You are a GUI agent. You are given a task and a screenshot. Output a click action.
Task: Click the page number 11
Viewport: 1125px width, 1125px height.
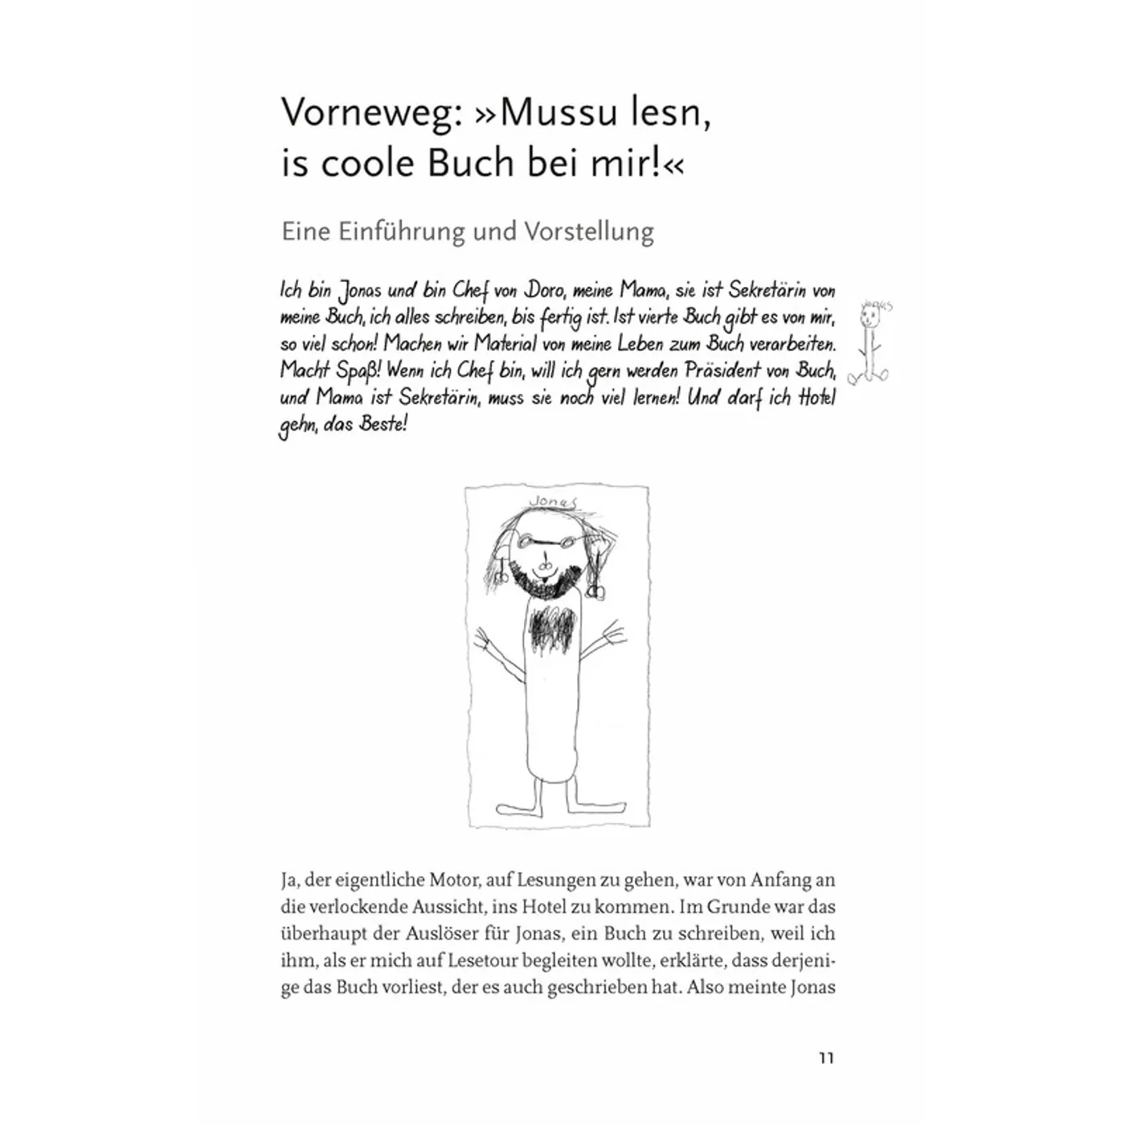pyautogui.click(x=826, y=1057)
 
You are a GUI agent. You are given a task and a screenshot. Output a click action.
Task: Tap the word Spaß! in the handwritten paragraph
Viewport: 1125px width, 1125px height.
pyautogui.click(x=354, y=371)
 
